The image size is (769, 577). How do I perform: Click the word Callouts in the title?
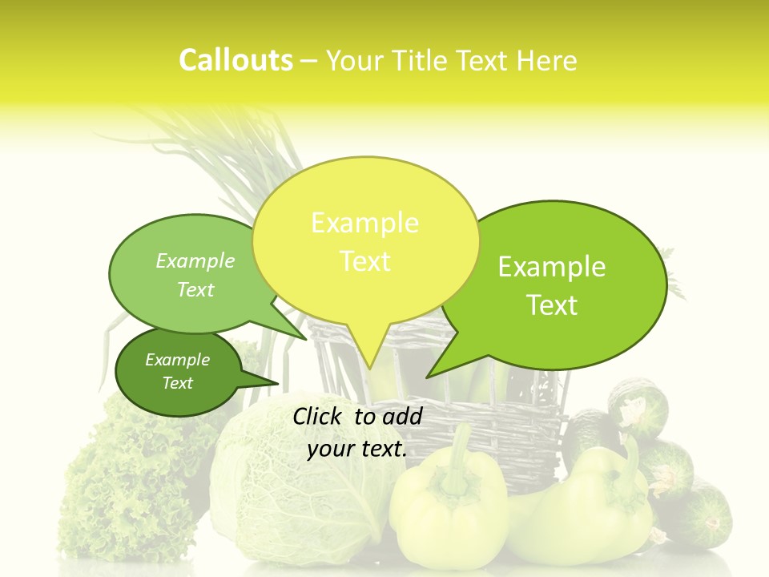(236, 61)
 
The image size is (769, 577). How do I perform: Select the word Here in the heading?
(547, 61)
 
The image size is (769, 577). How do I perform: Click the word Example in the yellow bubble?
(364, 223)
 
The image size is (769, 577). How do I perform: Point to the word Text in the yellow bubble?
(365, 261)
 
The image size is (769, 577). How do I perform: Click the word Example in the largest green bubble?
(552, 267)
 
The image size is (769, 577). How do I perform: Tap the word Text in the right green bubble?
(552, 305)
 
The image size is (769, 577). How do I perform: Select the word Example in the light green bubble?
(195, 260)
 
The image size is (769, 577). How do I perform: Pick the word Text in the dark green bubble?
(178, 383)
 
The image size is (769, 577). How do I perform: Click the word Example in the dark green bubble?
(178, 360)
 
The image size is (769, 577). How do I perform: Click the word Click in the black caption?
(319, 416)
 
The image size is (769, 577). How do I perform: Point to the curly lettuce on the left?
(120, 489)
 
